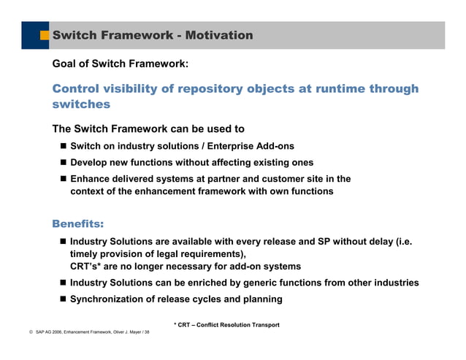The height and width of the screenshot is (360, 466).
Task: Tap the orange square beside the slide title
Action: [x=45, y=35]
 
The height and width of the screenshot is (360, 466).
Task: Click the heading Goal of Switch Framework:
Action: [x=121, y=64]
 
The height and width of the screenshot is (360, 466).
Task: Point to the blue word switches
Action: [x=81, y=104]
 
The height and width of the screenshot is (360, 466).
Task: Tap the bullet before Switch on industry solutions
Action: [x=63, y=146]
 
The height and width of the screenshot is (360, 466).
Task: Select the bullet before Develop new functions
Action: [x=63, y=162]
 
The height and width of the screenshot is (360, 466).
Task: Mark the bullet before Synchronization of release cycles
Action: [x=63, y=299]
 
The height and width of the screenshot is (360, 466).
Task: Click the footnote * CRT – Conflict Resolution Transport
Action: [x=226, y=324]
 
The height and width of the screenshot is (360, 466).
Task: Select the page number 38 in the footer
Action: [x=146, y=332]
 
